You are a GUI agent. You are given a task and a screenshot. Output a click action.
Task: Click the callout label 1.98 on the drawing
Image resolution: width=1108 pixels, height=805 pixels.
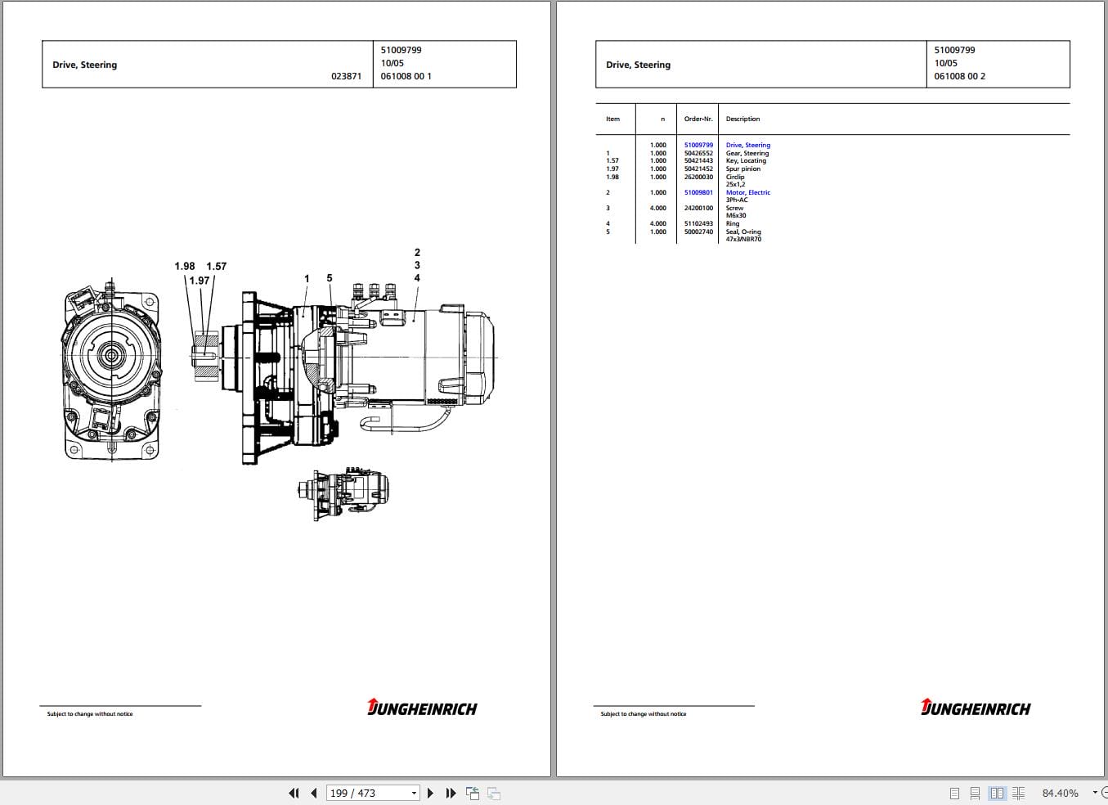point(184,266)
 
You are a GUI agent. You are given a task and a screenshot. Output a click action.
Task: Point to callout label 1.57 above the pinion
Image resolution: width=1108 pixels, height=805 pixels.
point(216,266)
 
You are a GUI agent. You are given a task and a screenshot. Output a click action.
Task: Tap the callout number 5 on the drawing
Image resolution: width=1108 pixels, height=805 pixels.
point(330,278)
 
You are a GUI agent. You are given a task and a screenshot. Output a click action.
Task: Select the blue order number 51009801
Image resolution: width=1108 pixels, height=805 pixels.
point(698,192)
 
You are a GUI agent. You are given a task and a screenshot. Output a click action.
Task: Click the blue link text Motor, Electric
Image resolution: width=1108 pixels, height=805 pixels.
point(747,192)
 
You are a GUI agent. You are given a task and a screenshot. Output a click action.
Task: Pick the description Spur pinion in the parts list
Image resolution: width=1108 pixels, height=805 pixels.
point(742,169)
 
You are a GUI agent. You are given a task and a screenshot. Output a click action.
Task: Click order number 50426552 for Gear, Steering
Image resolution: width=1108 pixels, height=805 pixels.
point(698,153)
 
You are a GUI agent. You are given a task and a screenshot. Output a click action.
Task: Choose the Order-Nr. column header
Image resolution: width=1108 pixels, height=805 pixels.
point(698,119)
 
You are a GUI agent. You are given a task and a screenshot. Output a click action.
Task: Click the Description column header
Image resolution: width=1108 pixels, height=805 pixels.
point(742,119)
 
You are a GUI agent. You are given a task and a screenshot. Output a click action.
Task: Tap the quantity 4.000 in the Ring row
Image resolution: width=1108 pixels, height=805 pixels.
point(657,223)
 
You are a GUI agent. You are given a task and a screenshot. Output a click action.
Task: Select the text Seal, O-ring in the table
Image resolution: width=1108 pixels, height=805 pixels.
point(742,232)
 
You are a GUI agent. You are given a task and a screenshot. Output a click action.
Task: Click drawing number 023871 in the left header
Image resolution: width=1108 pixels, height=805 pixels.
point(346,76)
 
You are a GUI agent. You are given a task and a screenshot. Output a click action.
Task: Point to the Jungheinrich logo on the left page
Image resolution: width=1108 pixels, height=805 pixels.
point(422,708)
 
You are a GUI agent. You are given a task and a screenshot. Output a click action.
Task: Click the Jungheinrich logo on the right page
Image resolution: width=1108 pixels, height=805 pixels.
point(976,708)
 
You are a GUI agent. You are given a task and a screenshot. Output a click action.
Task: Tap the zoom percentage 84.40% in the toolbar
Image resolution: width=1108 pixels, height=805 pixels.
point(1060,793)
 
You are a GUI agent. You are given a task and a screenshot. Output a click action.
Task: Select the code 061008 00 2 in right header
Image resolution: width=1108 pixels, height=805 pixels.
point(959,76)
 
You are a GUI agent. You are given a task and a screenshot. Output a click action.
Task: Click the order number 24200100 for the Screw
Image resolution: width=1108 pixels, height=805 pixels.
point(698,208)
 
